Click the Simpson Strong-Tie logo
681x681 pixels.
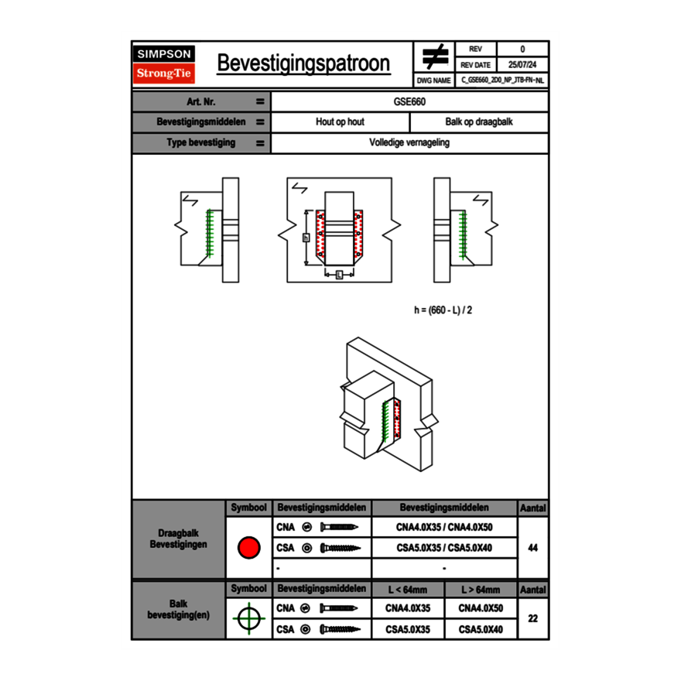click(x=165, y=64)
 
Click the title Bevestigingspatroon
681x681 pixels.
click(x=303, y=63)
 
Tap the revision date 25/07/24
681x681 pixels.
click(x=522, y=65)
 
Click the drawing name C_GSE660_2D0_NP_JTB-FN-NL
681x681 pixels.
click(x=502, y=80)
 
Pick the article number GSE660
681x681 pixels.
click(x=409, y=101)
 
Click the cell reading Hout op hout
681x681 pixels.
click(x=340, y=122)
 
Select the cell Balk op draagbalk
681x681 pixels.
click(x=479, y=122)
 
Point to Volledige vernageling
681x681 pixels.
click(x=409, y=143)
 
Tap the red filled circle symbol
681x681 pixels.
click(x=248, y=548)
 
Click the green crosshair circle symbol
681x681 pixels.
click(x=248, y=618)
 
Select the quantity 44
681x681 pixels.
click(x=532, y=548)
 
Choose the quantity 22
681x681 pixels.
click(x=532, y=618)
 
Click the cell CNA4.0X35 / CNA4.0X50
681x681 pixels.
click(x=444, y=528)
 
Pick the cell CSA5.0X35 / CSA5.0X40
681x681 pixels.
click(x=444, y=548)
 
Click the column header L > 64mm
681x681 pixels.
click(x=481, y=590)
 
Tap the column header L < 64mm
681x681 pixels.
click(x=408, y=590)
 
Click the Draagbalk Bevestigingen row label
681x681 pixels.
click(x=178, y=539)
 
